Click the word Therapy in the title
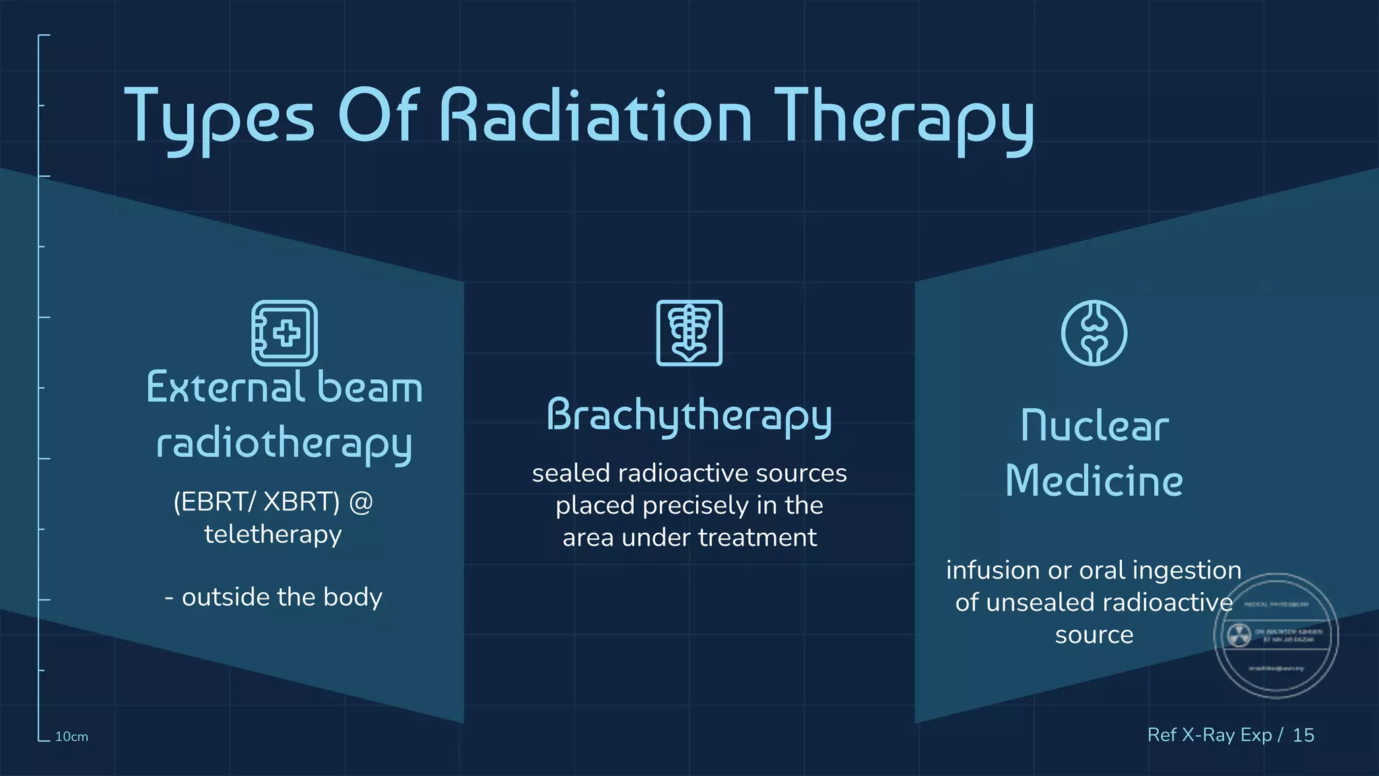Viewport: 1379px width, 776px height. [903, 118]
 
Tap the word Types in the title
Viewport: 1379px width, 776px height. [220, 118]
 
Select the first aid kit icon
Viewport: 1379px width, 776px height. [285, 333]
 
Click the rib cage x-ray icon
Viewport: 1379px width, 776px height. [689, 333]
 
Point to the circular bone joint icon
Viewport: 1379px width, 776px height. [1094, 333]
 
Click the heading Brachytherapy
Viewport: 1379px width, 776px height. [689, 416]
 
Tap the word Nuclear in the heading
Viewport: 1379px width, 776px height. [1094, 426]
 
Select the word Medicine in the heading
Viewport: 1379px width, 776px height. [1094, 481]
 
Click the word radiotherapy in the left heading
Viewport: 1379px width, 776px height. [284, 443]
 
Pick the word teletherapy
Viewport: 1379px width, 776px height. [273, 534]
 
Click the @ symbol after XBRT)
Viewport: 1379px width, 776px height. [361, 502]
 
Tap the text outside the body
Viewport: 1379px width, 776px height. [281, 597]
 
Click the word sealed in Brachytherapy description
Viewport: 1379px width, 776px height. [571, 473]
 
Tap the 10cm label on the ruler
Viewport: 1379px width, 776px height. [71, 736]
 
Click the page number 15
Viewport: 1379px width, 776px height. [1303, 735]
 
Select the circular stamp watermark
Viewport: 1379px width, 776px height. [1275, 635]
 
